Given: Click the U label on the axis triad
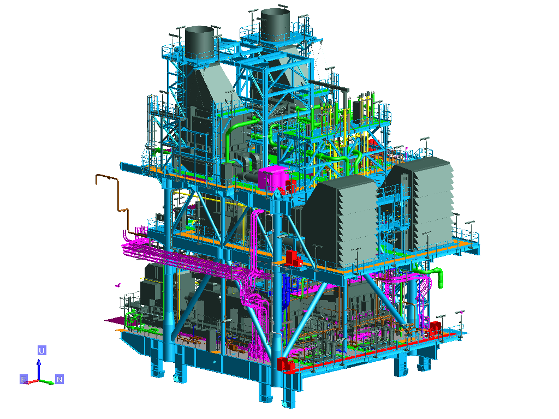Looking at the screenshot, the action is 41,351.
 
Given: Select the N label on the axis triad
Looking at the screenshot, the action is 60,380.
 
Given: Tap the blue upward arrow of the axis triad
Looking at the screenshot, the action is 39,369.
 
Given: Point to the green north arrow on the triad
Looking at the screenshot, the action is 47,382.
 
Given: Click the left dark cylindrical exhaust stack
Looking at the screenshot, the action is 199,43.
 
